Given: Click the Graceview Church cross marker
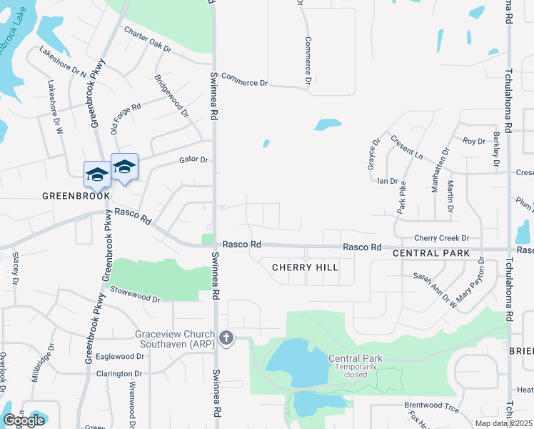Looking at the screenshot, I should (x=226, y=337).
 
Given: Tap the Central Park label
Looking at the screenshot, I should (x=356, y=358).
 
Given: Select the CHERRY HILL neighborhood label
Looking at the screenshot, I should (x=304, y=267).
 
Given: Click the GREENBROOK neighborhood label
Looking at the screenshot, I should (x=76, y=195).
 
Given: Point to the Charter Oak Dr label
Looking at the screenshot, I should (x=148, y=40).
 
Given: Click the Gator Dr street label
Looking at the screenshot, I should (x=193, y=160).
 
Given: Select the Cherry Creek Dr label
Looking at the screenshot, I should (x=441, y=238).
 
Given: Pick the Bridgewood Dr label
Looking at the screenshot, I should (x=171, y=97).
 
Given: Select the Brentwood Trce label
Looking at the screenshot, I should (x=431, y=405).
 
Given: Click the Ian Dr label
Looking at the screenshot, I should (x=387, y=181).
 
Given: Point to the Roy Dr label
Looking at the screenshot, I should (x=474, y=142).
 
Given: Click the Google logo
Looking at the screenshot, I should (x=24, y=420).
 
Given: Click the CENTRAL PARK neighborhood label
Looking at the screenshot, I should (x=431, y=253).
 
